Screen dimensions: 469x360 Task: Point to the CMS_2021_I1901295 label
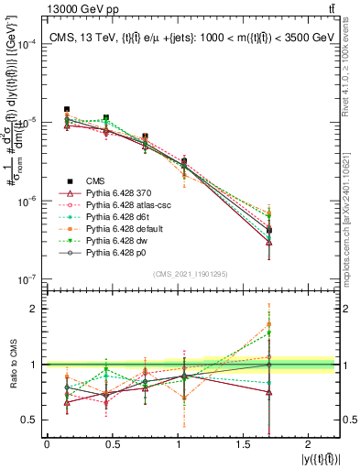[191, 274]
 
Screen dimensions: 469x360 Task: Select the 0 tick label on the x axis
[47, 444]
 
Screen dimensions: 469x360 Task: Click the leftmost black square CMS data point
[67, 109]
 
